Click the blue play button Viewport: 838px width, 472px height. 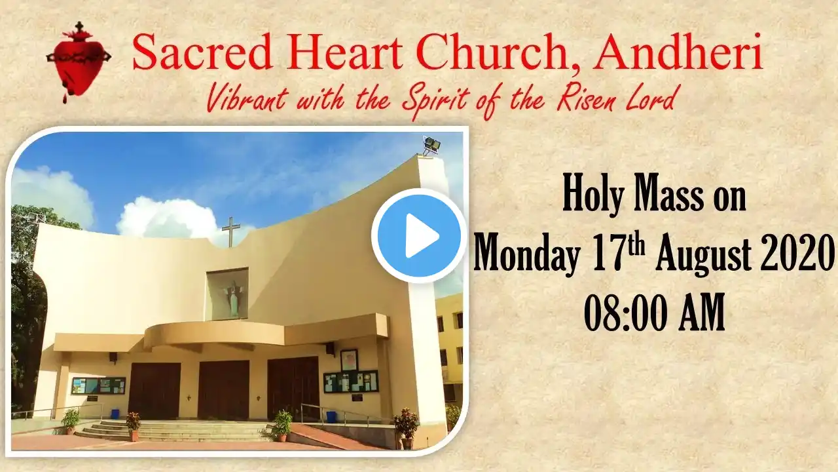[x=418, y=235]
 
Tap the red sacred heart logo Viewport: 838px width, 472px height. [x=79, y=62]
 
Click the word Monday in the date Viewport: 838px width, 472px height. [x=527, y=256]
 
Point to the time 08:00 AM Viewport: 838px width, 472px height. [x=654, y=313]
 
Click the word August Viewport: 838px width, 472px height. [x=703, y=255]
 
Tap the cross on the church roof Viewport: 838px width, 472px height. [x=230, y=231]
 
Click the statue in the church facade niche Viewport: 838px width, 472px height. [x=232, y=298]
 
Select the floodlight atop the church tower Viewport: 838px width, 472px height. [x=431, y=145]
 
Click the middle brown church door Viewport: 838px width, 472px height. [x=223, y=390]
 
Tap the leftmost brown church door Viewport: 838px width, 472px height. [x=154, y=391]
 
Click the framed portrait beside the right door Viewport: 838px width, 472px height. [x=349, y=361]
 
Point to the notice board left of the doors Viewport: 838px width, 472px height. [x=98, y=385]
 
